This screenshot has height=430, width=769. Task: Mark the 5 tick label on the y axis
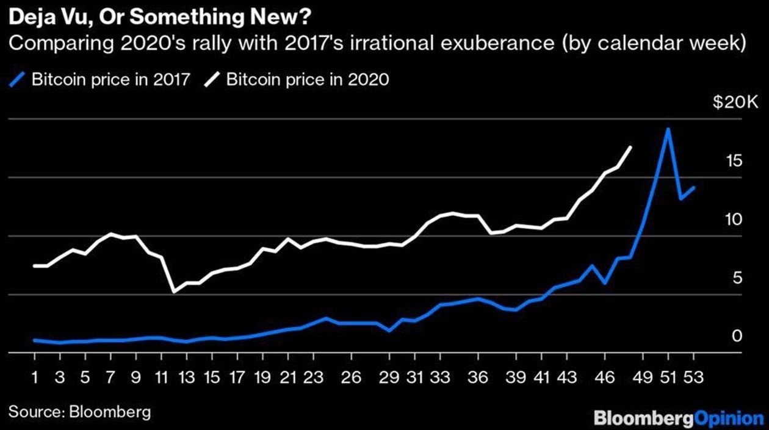[x=737, y=278]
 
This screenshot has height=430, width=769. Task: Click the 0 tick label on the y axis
[x=737, y=336]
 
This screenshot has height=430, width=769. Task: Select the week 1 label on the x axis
[x=35, y=377]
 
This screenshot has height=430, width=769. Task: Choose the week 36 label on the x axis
[x=479, y=377]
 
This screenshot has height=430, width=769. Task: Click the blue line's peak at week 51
[x=668, y=129]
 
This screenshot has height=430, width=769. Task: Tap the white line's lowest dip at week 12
[x=174, y=292]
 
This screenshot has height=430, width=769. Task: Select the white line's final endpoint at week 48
[x=630, y=147]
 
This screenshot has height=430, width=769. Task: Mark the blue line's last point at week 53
[x=694, y=187]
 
